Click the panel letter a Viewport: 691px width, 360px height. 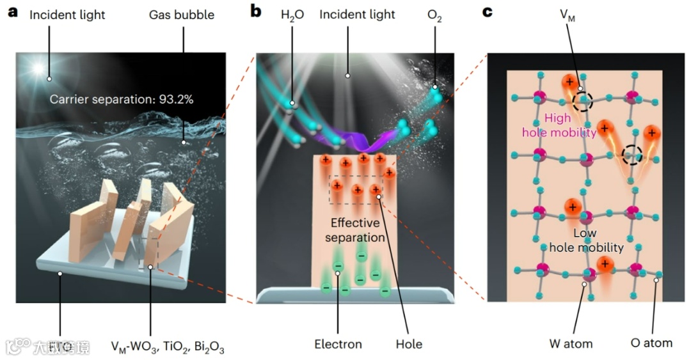pos(12,12)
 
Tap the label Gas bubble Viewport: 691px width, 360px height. pos(183,14)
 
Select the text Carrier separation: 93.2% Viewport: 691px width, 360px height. pos(122,99)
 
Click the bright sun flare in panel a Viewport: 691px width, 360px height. pos(39,68)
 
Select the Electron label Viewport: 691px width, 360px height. pos(338,344)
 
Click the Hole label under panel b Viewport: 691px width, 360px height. pos(409,344)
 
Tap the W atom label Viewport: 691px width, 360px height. pos(571,343)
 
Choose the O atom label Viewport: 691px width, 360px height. pos(651,343)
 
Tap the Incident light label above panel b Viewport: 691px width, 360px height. pos(357,14)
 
